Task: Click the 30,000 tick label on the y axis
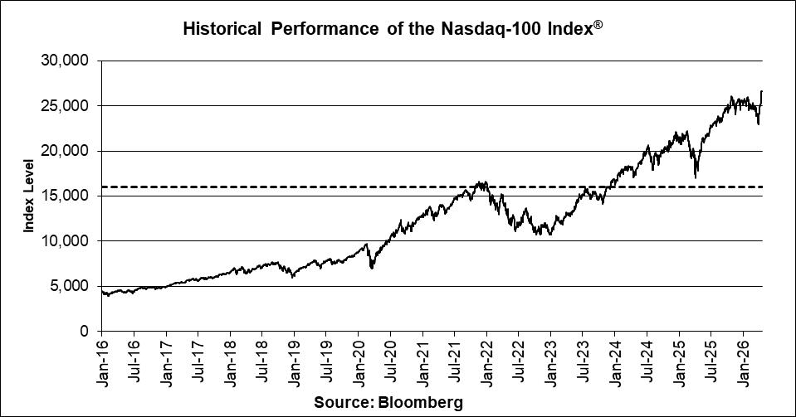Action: pyautogui.click(x=65, y=61)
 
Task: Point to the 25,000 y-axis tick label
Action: pyautogui.click(x=65, y=106)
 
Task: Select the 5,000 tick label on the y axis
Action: pyautogui.click(x=69, y=286)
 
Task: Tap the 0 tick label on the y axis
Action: pyautogui.click(x=85, y=332)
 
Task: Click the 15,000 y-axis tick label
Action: pyautogui.click(x=65, y=196)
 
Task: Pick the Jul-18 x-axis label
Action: pyautogui.click(x=262, y=360)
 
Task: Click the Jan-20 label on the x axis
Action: pyautogui.click(x=359, y=360)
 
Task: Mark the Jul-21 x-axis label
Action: pyautogui.click(x=455, y=360)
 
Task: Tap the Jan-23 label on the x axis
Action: pyautogui.click(x=551, y=360)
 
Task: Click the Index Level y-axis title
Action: pyautogui.click(x=28, y=196)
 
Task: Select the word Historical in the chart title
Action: pyautogui.click(x=217, y=30)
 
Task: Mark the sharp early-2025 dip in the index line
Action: pyautogui.click(x=696, y=177)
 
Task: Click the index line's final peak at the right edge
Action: pyautogui.click(x=762, y=91)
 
